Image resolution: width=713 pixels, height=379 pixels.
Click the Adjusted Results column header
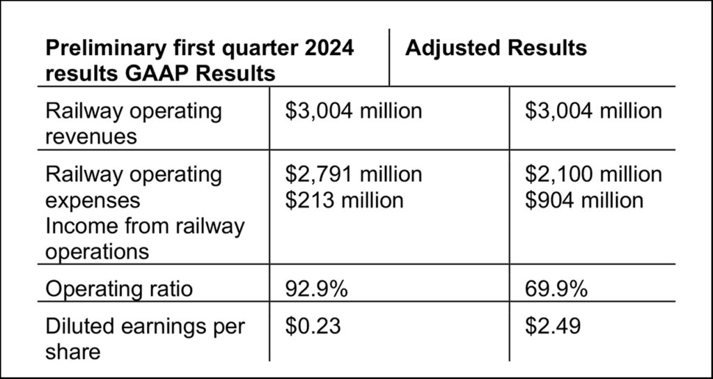(x=495, y=48)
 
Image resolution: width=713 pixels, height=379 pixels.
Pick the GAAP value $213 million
(x=344, y=200)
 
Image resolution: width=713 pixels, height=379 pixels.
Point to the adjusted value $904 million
(x=585, y=200)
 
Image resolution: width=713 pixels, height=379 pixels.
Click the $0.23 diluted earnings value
(x=313, y=325)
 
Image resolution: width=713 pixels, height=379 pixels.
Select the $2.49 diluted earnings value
(x=554, y=325)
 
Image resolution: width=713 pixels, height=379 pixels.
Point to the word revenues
(x=91, y=137)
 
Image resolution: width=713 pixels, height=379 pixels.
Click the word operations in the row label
(x=97, y=251)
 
